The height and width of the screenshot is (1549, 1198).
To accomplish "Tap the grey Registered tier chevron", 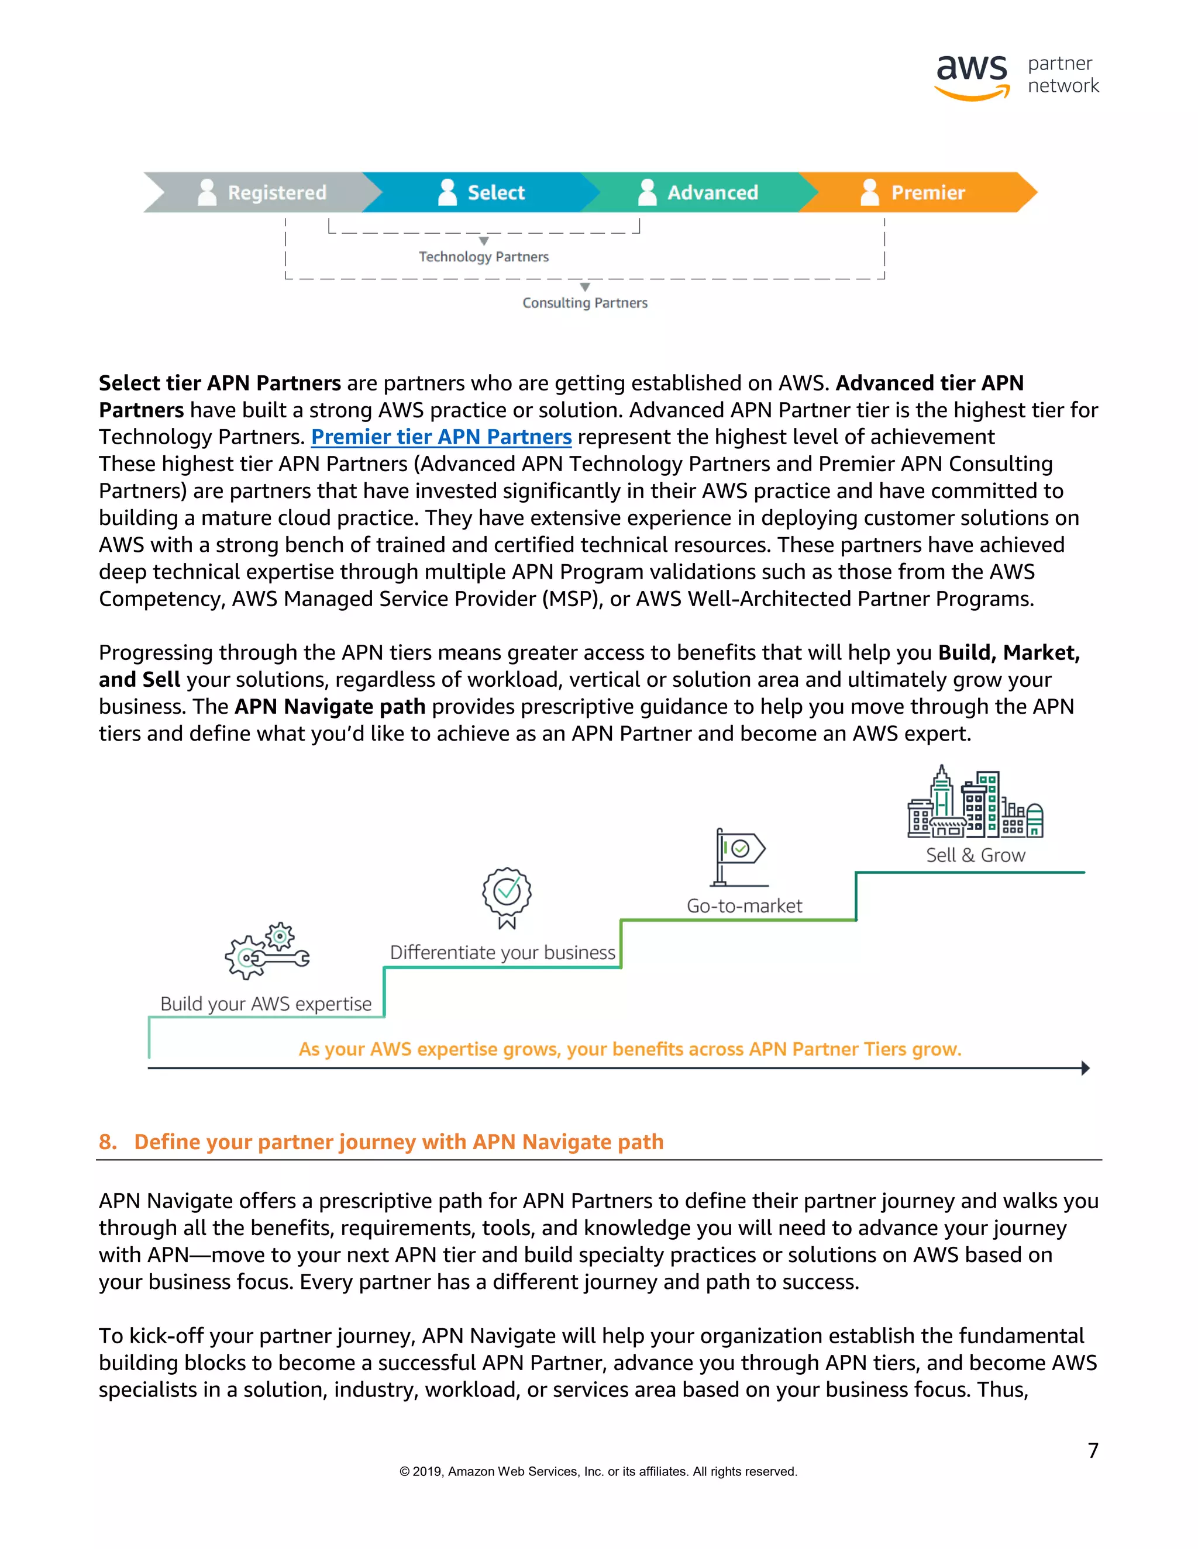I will pyautogui.click(x=263, y=192).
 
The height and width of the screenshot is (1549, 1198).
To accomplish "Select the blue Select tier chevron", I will pyautogui.click(x=483, y=192).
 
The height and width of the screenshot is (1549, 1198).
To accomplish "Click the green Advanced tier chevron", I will pyautogui.click(x=699, y=192).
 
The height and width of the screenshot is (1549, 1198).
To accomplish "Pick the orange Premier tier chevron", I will pyautogui.click(x=915, y=192).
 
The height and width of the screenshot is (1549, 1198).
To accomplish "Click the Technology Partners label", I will pyautogui.click(x=483, y=257).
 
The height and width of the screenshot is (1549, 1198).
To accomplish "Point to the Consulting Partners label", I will pyautogui.click(x=585, y=303).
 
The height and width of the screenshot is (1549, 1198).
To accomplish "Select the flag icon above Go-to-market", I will pyautogui.click(x=739, y=857).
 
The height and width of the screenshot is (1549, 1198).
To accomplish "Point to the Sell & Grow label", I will pyautogui.click(x=975, y=855).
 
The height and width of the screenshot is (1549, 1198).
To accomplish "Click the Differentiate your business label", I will pyautogui.click(x=502, y=953).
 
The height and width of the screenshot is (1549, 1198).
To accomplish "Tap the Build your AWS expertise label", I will pyautogui.click(x=266, y=1004).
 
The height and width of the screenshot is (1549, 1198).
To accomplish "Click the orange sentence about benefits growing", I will pyautogui.click(x=629, y=1049).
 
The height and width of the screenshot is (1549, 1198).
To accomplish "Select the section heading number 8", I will pyautogui.click(x=107, y=1142).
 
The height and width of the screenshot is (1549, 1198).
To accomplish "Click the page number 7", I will pyautogui.click(x=1093, y=1450).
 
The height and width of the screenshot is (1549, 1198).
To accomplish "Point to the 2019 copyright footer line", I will pyautogui.click(x=598, y=1472).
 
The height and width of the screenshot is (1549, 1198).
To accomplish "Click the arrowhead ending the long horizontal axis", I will pyautogui.click(x=1085, y=1068).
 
